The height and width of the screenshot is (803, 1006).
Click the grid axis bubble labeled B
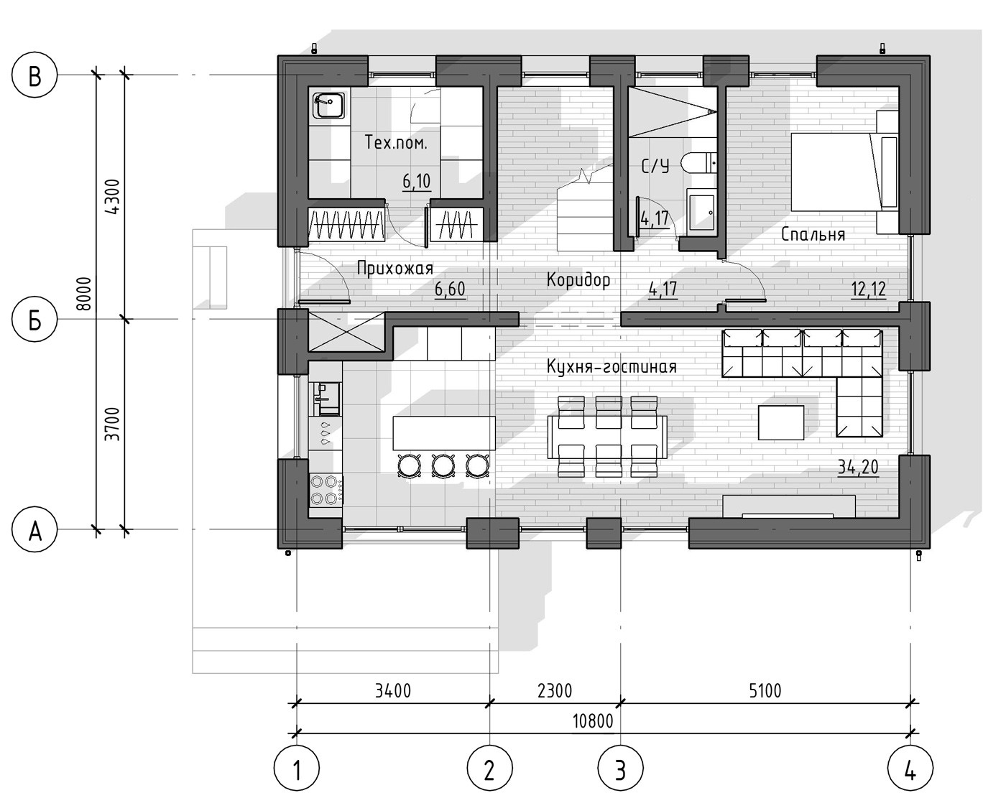[34, 75]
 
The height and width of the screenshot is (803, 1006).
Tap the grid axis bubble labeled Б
[34, 320]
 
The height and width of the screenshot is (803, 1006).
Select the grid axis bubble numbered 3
[620, 768]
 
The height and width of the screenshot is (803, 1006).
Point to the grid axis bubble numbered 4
[910, 768]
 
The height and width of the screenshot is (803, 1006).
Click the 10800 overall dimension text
[593, 721]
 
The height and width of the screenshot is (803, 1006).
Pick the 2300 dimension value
[555, 690]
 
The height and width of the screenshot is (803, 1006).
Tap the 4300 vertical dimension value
[113, 197]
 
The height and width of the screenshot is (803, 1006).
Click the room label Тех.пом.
[395, 142]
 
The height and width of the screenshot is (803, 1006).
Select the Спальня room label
[813, 234]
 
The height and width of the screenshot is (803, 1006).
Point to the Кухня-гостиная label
[612, 366]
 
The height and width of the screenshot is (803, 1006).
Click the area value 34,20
[857, 467]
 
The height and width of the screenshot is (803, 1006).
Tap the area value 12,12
[868, 289]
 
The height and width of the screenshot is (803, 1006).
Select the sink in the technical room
[330, 105]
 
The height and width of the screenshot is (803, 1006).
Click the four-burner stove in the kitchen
[325, 489]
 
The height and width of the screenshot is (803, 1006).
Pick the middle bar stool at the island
[443, 465]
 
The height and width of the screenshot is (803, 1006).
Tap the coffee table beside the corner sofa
[780, 422]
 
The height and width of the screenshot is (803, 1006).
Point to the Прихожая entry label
[395, 269]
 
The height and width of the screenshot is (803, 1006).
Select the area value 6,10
[416, 181]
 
